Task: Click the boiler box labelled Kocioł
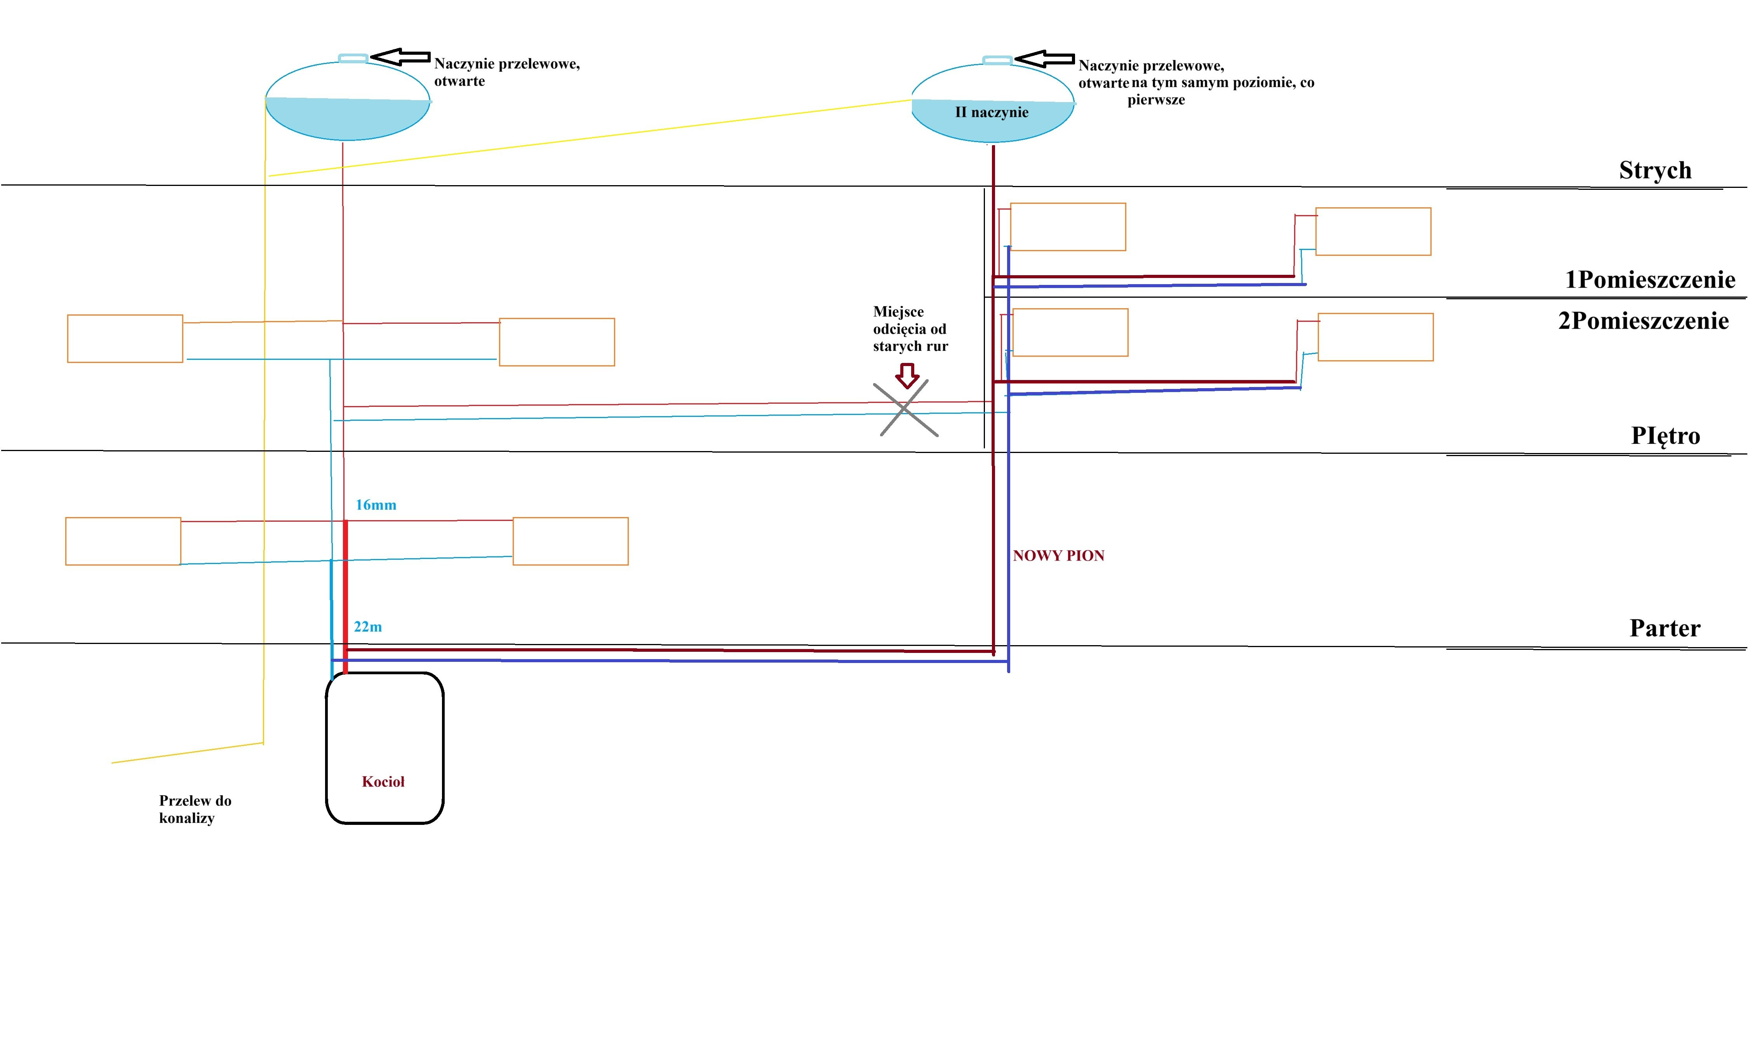(385, 748)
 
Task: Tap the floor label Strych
(1655, 170)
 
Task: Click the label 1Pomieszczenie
(1649, 279)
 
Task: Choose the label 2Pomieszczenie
(1643, 321)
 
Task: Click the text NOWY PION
(1058, 556)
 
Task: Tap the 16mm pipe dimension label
(376, 505)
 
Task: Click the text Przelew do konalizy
(195, 809)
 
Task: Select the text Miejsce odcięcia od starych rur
(910, 329)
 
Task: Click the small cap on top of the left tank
(353, 58)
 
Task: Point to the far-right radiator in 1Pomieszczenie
(1373, 231)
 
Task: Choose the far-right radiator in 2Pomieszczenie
(1375, 337)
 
